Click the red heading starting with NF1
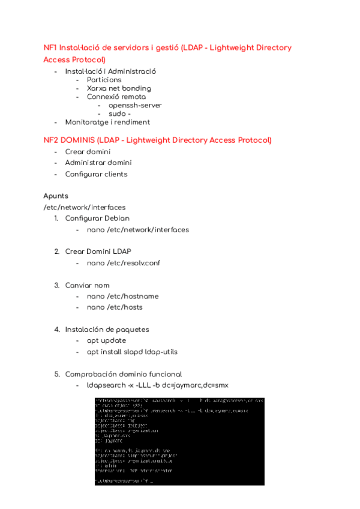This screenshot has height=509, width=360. pyautogui.click(x=167, y=48)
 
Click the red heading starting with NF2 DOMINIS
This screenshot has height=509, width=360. pyautogui.click(x=157, y=140)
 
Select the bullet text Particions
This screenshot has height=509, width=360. pyautogui.click(x=104, y=80)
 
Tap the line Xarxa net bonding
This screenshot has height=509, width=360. pyautogui.click(x=119, y=88)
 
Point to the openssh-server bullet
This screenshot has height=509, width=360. pyautogui.click(x=135, y=105)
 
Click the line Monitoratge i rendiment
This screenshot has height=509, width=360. pyautogui.click(x=107, y=122)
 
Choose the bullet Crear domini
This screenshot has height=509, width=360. pyautogui.click(x=88, y=152)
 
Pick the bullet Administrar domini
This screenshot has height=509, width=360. pyautogui.click(x=98, y=163)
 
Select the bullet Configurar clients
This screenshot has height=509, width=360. pyautogui.click(x=96, y=174)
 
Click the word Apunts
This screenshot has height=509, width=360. pyautogui.click(x=56, y=196)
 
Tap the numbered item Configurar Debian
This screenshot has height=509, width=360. pyautogui.click(x=97, y=218)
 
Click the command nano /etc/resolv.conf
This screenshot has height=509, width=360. pyautogui.click(x=123, y=263)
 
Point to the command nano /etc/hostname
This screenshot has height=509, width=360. pyautogui.click(x=122, y=296)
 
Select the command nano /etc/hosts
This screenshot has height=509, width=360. pyautogui.click(x=115, y=307)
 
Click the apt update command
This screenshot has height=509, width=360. pyautogui.click(x=106, y=340)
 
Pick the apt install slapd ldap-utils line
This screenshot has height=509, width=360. pyautogui.click(x=131, y=352)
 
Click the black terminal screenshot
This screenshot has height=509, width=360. pyautogui.click(x=179, y=441)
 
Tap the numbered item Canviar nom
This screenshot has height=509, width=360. pyautogui.click(x=87, y=285)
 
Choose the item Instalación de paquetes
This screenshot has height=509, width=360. pyautogui.click(x=107, y=330)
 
